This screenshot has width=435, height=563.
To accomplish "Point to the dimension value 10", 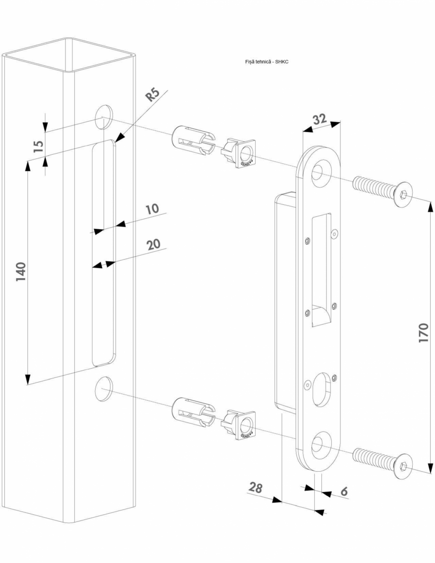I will click(151, 209).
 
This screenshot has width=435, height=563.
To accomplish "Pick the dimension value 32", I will click(320, 120).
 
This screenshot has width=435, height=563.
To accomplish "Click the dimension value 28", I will click(256, 488).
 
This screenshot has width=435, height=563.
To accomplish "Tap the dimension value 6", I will click(344, 492).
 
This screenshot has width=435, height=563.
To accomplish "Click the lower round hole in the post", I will click(103, 389).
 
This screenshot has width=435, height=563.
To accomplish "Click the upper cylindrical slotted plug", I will click(191, 141).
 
